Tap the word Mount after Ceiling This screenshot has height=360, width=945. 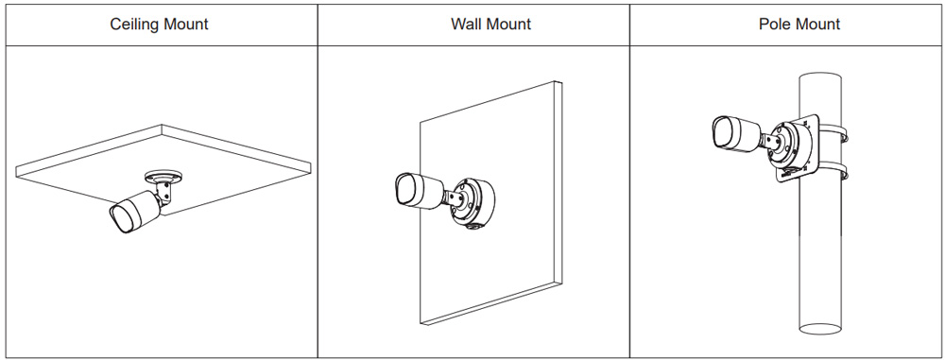[184, 25]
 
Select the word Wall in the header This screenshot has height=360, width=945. [465, 25]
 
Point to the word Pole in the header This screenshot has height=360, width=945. [772, 25]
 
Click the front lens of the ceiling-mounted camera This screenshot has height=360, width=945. [123, 217]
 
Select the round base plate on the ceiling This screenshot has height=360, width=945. [163, 178]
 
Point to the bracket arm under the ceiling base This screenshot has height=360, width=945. [163, 193]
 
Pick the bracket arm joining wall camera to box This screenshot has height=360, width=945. [454, 199]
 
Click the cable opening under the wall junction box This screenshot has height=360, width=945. [472, 226]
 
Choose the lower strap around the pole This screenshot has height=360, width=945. [832, 171]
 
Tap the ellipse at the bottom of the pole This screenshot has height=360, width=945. [819, 329]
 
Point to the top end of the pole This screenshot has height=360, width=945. [819, 77]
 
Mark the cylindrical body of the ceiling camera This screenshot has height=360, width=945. [142, 208]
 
